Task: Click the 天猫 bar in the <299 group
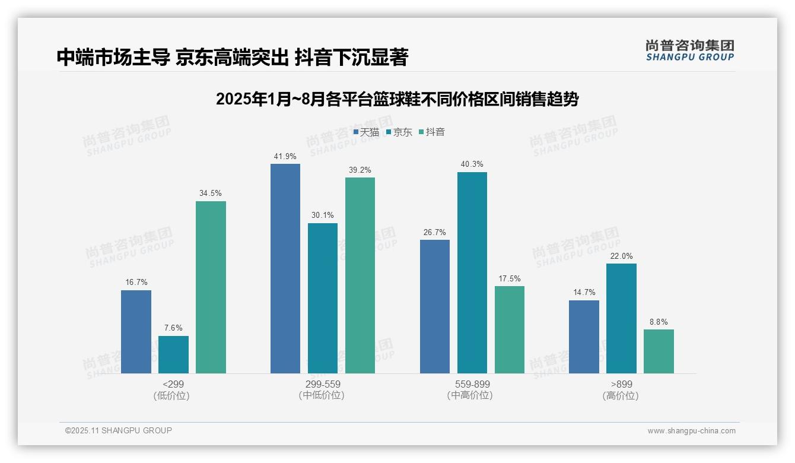(136, 332)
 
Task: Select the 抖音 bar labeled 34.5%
(211, 287)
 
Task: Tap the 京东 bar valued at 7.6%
(173, 355)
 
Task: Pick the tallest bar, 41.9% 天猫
(285, 268)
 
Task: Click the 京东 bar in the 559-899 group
(472, 272)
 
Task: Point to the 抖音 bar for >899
(659, 351)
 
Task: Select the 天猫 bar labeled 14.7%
(584, 337)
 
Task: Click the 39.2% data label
(360, 170)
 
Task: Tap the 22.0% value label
(621, 256)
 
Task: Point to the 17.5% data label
(510, 279)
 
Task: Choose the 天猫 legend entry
(366, 132)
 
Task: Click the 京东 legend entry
(399, 132)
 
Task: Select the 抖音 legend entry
(432, 132)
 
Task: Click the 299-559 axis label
(322, 384)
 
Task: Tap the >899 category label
(621, 384)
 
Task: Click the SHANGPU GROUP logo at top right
(689, 50)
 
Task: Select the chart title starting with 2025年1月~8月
(397, 99)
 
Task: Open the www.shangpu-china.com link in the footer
(691, 431)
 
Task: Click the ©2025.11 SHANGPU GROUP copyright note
(119, 431)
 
